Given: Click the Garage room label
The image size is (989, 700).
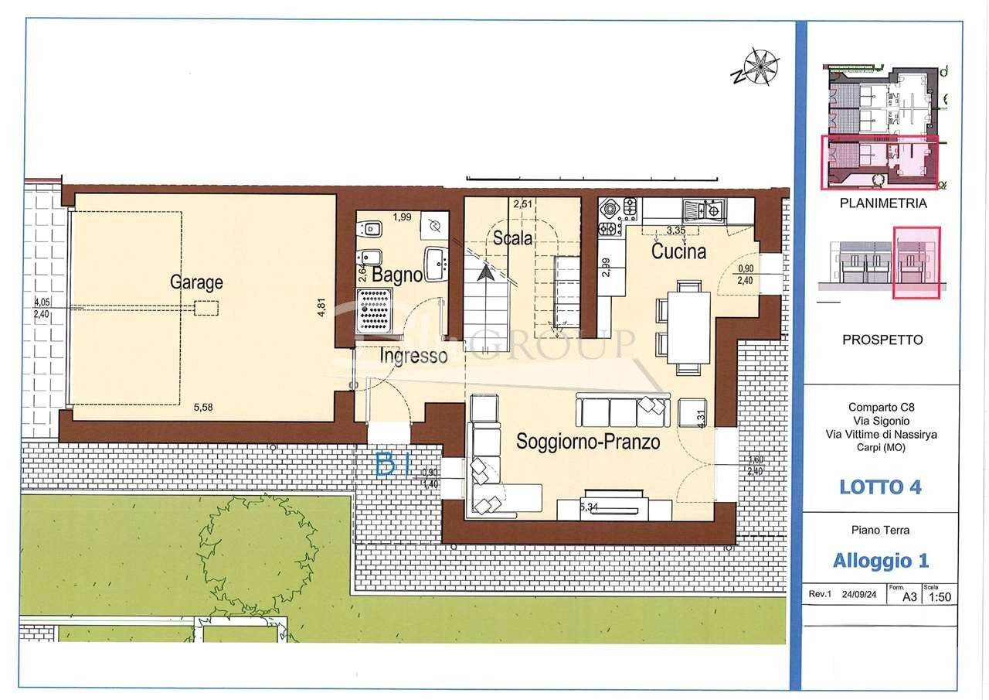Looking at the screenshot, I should click(x=196, y=282).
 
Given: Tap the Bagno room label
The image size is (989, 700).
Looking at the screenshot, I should click(x=397, y=275).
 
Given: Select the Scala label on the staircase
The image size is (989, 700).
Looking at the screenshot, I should click(x=513, y=238).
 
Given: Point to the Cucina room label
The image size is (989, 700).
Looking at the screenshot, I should click(x=678, y=251).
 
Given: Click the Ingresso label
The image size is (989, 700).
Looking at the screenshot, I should click(x=413, y=356).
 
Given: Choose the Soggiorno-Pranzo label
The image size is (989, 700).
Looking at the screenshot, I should click(x=588, y=442).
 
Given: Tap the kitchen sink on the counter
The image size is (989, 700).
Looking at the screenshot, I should click(x=702, y=210).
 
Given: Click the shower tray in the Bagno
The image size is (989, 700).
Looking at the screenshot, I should click(x=373, y=311).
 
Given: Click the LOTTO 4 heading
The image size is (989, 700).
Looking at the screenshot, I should click(x=880, y=487).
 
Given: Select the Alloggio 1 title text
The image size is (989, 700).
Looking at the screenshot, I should click(x=880, y=560).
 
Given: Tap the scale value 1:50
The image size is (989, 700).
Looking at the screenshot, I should click(x=940, y=596).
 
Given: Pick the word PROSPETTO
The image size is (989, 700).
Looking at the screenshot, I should click(x=882, y=340).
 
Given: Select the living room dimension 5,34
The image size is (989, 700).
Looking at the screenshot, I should click(x=589, y=507).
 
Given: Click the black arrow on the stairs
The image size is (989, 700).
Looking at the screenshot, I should click(x=486, y=271).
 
